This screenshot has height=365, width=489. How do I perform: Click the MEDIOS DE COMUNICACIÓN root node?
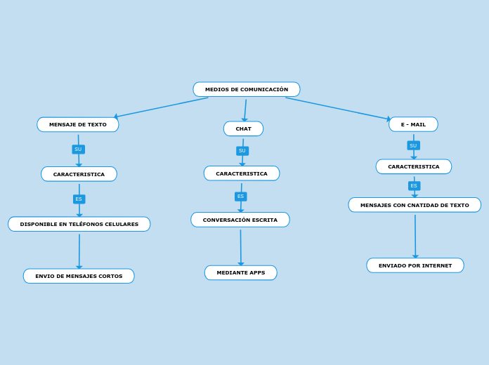click(247, 90)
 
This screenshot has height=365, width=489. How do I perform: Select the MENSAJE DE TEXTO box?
click(78, 125)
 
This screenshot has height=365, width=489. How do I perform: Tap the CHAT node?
click(243, 129)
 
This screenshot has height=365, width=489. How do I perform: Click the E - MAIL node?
click(413, 125)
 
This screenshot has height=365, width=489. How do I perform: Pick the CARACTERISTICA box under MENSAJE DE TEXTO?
click(79, 174)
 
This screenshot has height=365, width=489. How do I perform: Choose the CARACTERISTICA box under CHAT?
click(242, 173)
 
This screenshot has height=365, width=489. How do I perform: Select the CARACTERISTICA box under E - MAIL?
click(414, 167)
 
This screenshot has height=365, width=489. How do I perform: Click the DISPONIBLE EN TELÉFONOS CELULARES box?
click(79, 225)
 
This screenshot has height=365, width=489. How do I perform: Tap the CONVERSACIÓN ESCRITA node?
click(240, 220)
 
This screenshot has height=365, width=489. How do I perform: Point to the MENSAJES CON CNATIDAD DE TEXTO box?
click(415, 205)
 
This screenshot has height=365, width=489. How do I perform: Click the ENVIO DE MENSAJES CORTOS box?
click(79, 277)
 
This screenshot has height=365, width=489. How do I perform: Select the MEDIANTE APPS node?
click(241, 273)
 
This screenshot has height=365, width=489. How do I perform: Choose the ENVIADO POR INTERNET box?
click(415, 265)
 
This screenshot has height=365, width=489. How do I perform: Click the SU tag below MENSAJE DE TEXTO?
click(78, 150)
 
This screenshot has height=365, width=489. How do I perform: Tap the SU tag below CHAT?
click(242, 151)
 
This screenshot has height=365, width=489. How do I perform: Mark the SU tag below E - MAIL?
click(413, 146)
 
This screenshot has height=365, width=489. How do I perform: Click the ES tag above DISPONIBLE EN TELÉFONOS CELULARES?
click(79, 199)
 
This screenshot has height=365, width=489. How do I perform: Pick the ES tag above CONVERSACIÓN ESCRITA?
click(240, 197)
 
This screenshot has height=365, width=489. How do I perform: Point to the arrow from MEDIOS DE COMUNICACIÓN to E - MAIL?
click(337, 108)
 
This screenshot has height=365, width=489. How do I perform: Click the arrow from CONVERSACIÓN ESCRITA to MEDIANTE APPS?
click(240, 247)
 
